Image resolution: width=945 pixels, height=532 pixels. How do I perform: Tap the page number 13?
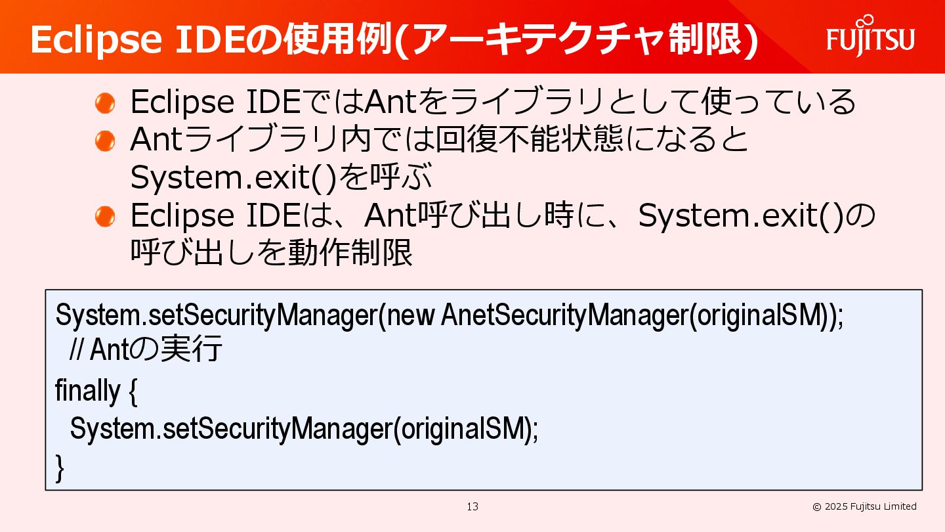click(x=472, y=506)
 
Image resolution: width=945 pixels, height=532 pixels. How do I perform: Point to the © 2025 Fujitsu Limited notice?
click(x=864, y=506)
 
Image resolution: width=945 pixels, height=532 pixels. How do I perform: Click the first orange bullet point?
click(x=105, y=102)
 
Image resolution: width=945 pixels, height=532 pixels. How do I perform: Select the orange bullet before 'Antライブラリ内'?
click(x=105, y=141)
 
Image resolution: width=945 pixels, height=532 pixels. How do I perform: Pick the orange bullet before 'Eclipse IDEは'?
click(x=105, y=216)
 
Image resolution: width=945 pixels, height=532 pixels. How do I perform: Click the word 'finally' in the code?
click(x=87, y=391)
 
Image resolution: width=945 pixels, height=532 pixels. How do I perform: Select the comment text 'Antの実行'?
click(x=156, y=350)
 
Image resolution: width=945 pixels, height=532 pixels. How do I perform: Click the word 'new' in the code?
click(x=411, y=316)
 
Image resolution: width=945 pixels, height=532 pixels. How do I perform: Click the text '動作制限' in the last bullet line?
click(x=350, y=254)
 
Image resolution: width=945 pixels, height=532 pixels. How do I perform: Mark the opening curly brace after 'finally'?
click(x=131, y=391)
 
